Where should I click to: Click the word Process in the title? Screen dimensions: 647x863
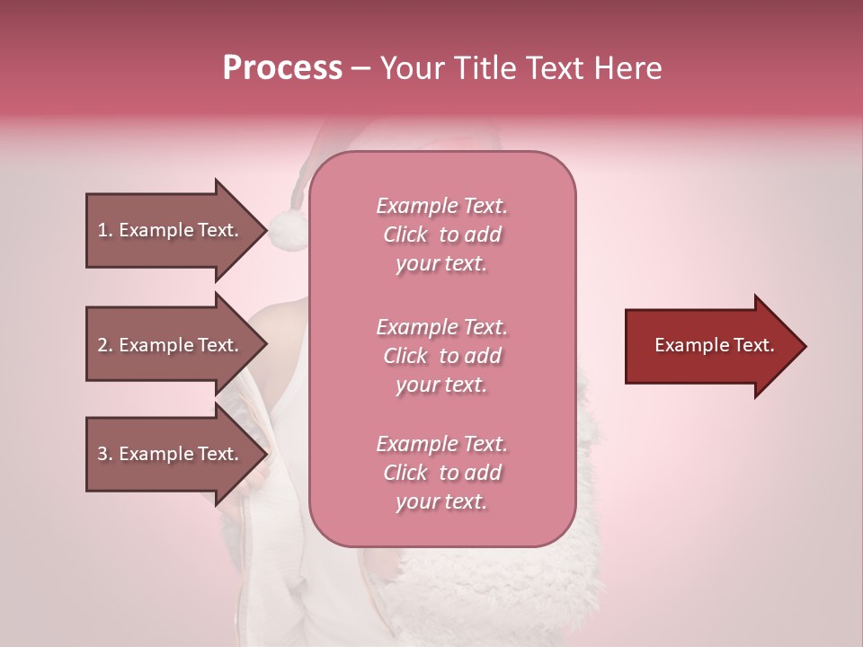282,68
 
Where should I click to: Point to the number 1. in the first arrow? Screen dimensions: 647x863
105,230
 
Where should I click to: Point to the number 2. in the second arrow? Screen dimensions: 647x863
105,345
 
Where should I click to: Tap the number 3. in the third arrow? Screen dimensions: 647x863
105,454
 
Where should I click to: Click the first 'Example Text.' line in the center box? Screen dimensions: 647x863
441,206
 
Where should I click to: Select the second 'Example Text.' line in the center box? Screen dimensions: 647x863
441,327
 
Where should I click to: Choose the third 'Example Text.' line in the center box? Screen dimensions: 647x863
441,444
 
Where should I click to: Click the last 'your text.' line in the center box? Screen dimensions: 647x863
441,501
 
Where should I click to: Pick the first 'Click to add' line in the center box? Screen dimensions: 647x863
441,235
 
